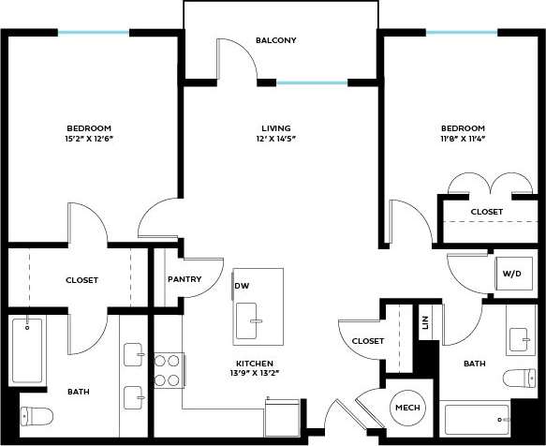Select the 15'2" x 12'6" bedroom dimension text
tap(89, 139)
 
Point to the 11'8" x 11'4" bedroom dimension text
tap(464, 139)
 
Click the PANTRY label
tap(184, 279)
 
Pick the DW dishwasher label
tap(242, 286)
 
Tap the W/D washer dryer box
tap(512, 274)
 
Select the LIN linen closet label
tap(425, 321)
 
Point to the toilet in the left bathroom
tap(33, 415)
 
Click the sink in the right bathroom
tap(520, 335)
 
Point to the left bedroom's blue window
tap(93, 33)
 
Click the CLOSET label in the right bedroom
tap(486, 212)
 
